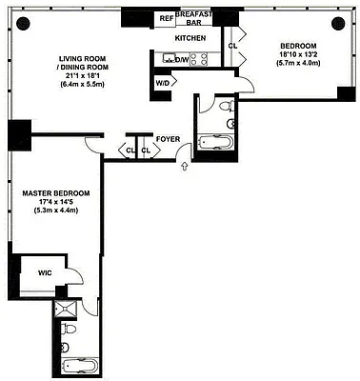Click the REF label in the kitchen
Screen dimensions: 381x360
pyautogui.click(x=167, y=18)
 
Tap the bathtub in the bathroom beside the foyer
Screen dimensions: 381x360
pyautogui.click(x=220, y=146)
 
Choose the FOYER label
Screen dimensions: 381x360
pyautogui.click(x=169, y=136)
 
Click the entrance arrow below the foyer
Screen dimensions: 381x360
pyautogui.click(x=185, y=169)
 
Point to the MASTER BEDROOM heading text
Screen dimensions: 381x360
pyautogui.click(x=56, y=193)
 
